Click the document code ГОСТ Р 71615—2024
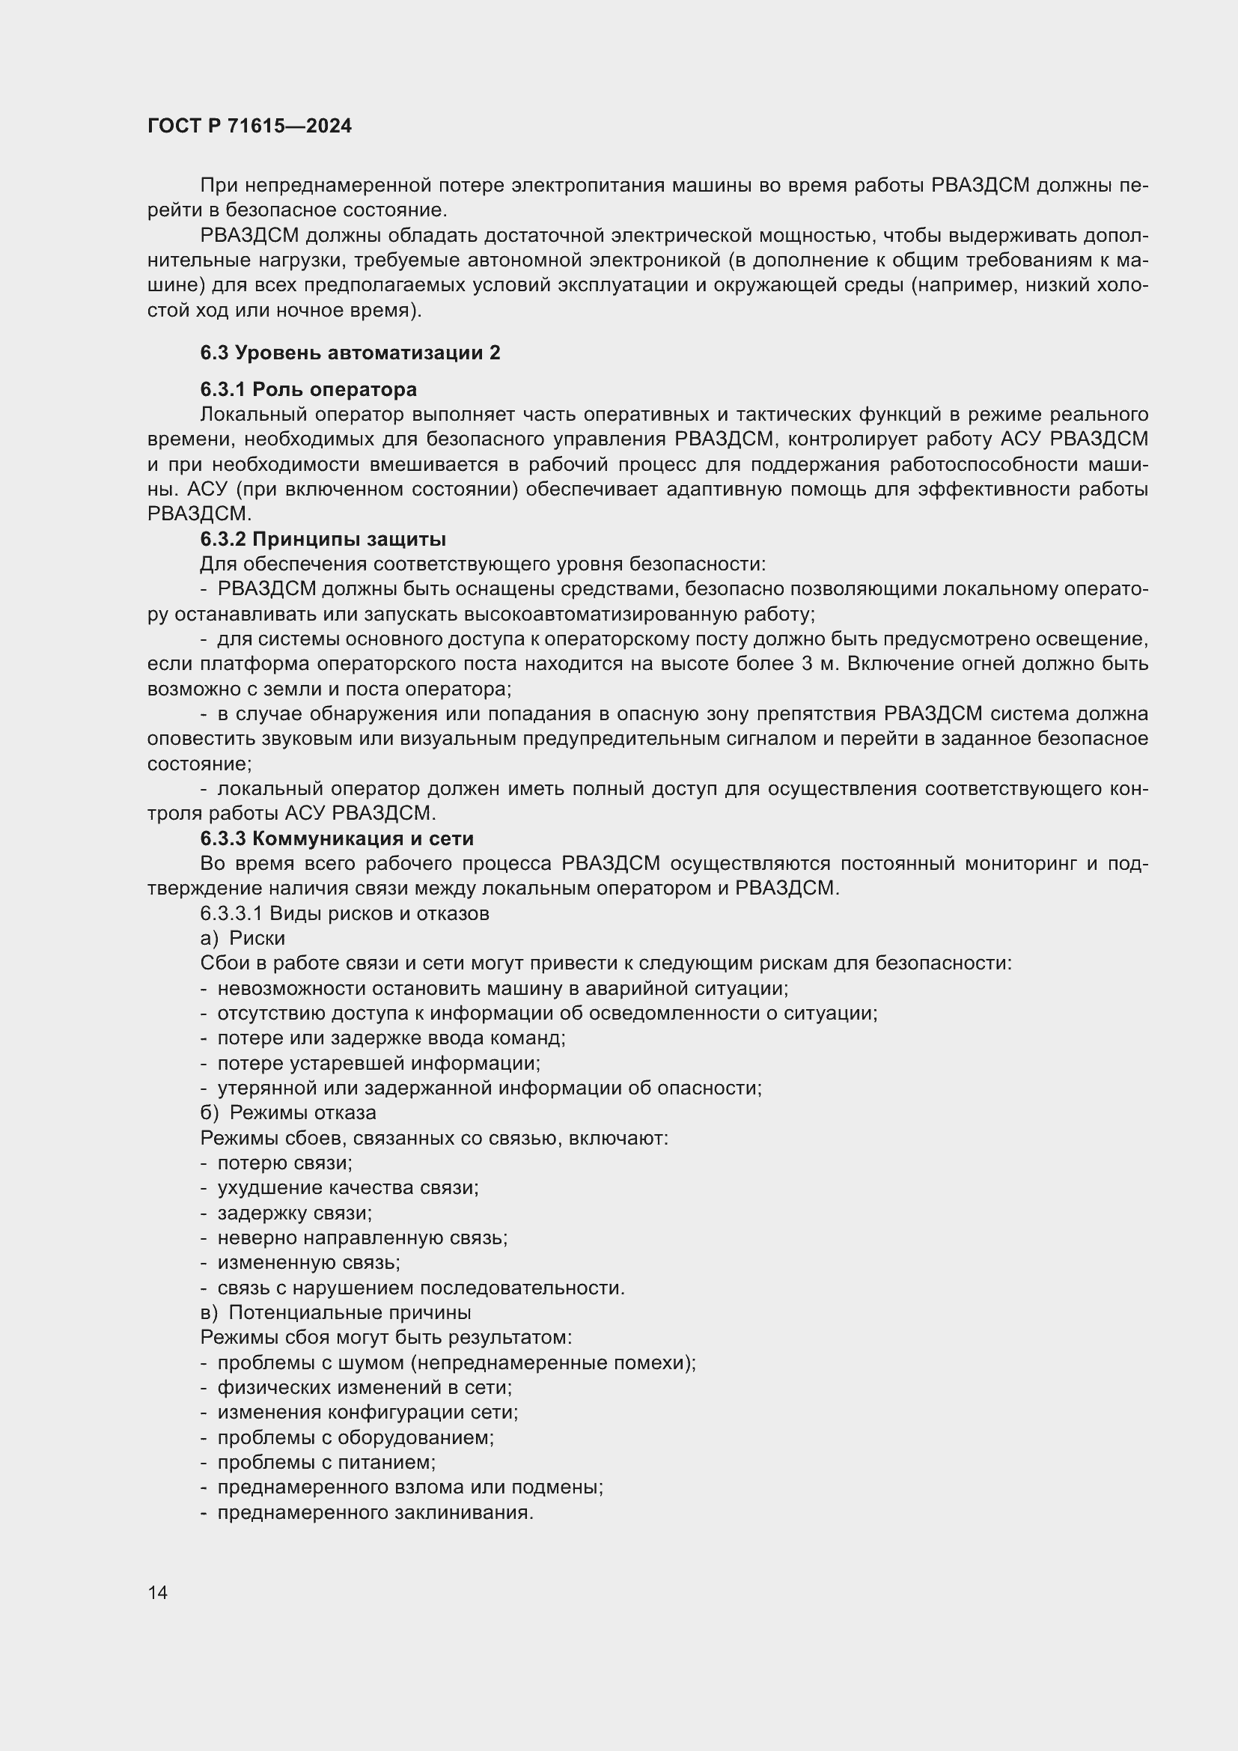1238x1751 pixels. click(x=249, y=126)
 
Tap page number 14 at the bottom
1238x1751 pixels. click(x=158, y=1592)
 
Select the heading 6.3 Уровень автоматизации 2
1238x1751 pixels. click(x=350, y=353)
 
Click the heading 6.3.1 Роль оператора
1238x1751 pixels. click(x=308, y=390)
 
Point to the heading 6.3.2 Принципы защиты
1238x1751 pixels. click(x=323, y=539)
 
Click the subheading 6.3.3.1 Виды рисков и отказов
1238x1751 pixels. click(x=344, y=913)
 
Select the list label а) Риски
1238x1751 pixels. click(x=243, y=938)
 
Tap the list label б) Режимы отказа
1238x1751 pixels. click(x=288, y=1112)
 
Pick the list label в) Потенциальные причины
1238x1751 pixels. click(x=335, y=1312)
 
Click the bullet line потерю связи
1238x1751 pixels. click(x=284, y=1163)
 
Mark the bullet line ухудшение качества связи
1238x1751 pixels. click(x=347, y=1187)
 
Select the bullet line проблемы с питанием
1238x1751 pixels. click(x=326, y=1462)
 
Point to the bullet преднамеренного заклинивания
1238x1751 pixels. click(x=375, y=1512)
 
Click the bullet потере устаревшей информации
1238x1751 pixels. click(x=379, y=1063)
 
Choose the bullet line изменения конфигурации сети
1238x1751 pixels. click(x=368, y=1412)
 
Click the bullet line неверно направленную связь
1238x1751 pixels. click(x=362, y=1237)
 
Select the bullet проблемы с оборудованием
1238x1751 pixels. click(x=356, y=1437)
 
